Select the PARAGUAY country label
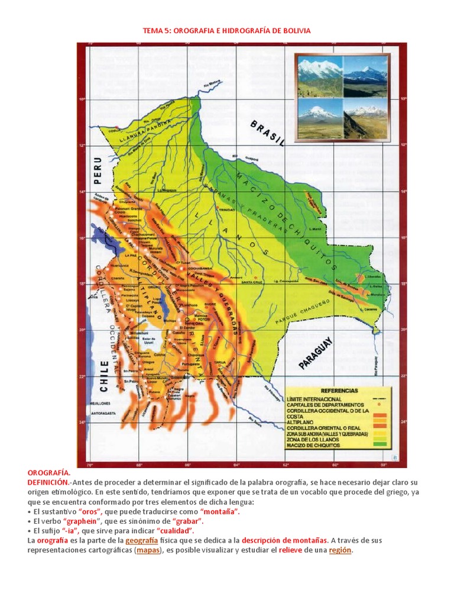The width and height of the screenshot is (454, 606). (x=317, y=353)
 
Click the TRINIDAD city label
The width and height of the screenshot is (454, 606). (x=229, y=209)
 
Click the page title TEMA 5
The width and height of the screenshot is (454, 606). (x=227, y=30)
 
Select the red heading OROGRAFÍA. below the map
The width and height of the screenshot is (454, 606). (x=49, y=473)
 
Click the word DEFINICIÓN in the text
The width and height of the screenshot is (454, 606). (x=48, y=483)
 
